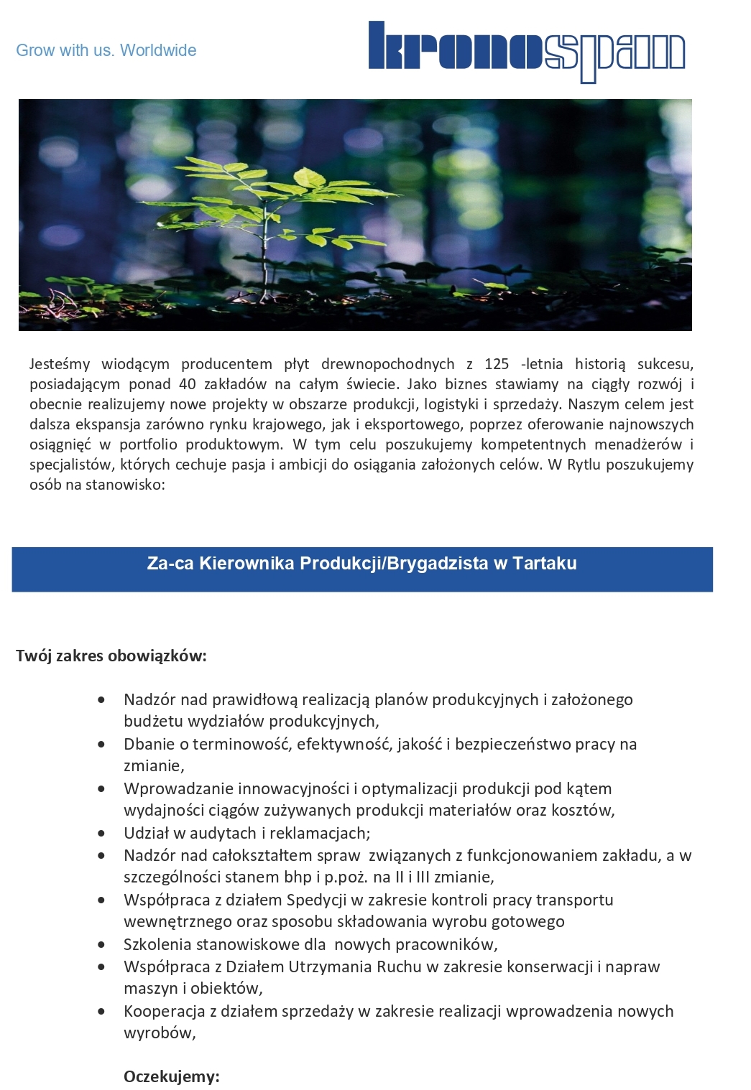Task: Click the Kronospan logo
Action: pyautogui.click(x=526, y=52)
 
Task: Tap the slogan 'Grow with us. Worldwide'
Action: pyautogui.click(x=106, y=50)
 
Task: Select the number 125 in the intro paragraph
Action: pyautogui.click(x=497, y=364)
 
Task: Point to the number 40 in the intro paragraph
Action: pyautogui.click(x=187, y=384)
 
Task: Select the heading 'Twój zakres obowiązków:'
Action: pyautogui.click(x=111, y=656)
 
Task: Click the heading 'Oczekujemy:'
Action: pyautogui.click(x=171, y=1076)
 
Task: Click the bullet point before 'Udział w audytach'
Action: pyautogui.click(x=102, y=834)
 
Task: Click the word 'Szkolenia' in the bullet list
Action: pyautogui.click(x=156, y=944)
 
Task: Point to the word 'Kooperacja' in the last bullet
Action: pyautogui.click(x=164, y=1011)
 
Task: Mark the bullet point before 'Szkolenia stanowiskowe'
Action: pyautogui.click(x=102, y=945)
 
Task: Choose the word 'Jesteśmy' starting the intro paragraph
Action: pyautogui.click(x=60, y=364)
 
